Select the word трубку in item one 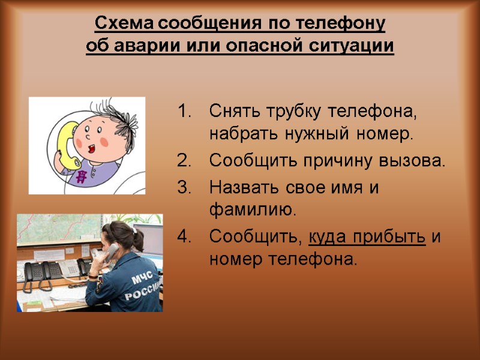pyautogui.click(x=289, y=112)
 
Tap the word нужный pyautogui.click(x=311, y=134)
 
